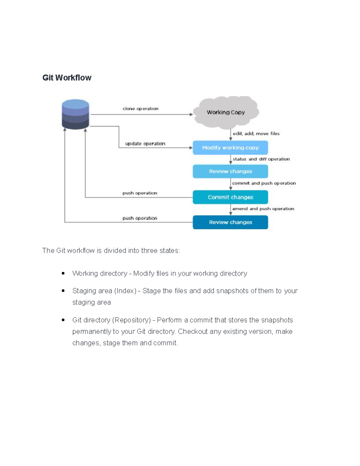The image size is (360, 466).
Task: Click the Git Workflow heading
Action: point(67,78)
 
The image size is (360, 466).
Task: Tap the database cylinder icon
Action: point(75,115)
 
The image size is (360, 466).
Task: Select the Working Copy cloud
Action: point(226,112)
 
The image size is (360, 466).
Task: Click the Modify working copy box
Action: point(230,148)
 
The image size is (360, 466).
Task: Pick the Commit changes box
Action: point(230,197)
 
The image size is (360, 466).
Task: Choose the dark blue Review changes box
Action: point(230,222)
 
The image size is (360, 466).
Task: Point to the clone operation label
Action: point(140,109)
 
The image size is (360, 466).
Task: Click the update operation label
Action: point(145,144)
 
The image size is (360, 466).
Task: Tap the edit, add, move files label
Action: point(256,134)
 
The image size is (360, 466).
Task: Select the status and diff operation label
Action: point(261,159)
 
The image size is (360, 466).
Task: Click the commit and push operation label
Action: point(264,183)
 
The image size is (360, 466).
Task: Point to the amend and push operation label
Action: point(263,209)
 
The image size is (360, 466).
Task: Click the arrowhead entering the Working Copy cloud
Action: point(191,114)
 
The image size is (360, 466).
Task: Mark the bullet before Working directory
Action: point(63,273)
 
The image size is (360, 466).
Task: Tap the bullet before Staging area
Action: point(63,291)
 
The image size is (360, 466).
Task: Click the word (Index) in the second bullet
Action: point(125,291)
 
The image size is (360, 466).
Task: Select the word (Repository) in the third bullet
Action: point(131,320)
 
